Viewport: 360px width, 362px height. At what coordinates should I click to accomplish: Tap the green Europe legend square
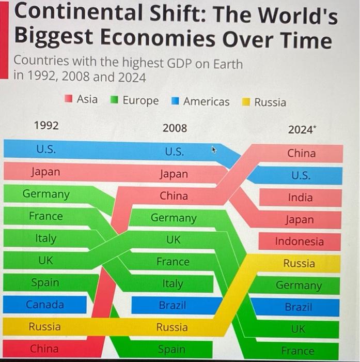(115, 99)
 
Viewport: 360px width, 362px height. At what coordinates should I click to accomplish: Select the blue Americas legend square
(176, 100)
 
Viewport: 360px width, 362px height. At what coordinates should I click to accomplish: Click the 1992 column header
(46, 126)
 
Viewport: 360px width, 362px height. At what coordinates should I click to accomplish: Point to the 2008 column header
(175, 128)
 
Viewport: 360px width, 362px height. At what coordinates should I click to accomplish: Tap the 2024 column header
(301, 130)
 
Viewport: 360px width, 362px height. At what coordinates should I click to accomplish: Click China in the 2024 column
(301, 154)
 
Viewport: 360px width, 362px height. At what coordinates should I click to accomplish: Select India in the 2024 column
(301, 198)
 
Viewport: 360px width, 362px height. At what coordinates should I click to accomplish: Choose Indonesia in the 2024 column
(300, 242)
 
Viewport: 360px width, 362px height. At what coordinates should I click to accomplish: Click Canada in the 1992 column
(45, 305)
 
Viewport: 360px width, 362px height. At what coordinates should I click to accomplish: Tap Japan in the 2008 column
(174, 174)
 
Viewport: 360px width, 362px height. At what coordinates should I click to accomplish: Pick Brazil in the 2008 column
(173, 306)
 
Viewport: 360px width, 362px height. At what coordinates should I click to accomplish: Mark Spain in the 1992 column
(45, 283)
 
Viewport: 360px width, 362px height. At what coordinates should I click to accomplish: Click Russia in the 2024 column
(299, 263)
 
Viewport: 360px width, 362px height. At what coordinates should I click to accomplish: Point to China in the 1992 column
(44, 349)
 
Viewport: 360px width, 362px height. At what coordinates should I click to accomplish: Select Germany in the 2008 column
(174, 218)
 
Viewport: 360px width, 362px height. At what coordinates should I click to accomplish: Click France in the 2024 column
(298, 351)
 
